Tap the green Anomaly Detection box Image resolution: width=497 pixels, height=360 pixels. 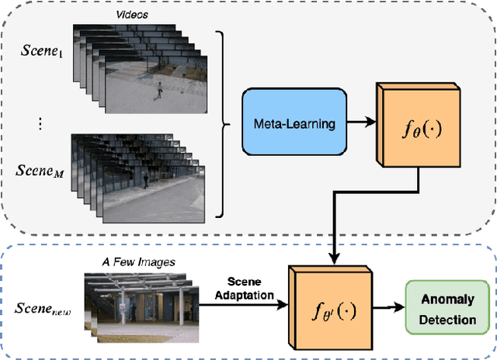coord(450,308)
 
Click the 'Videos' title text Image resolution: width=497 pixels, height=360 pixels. coord(132,13)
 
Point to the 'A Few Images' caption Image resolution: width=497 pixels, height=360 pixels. coord(138,261)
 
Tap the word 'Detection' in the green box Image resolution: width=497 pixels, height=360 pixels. coord(450,319)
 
